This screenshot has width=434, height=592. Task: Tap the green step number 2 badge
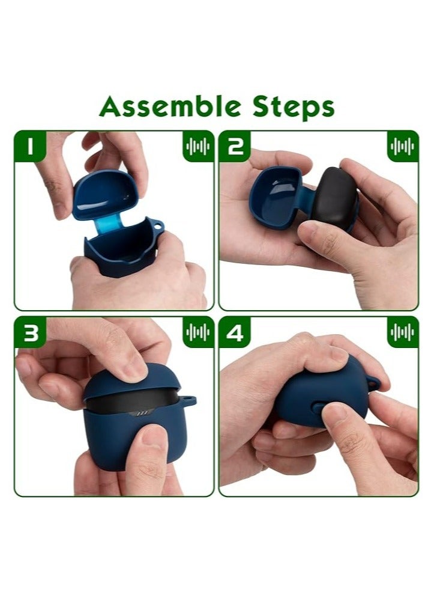tap(235, 147)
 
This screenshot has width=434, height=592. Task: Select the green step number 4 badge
tap(235, 332)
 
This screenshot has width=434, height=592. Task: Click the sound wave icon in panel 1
tap(197, 147)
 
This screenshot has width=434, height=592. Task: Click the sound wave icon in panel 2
tap(402, 147)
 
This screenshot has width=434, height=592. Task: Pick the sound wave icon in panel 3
tap(197, 332)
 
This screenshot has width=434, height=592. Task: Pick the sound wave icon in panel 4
tap(402, 332)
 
